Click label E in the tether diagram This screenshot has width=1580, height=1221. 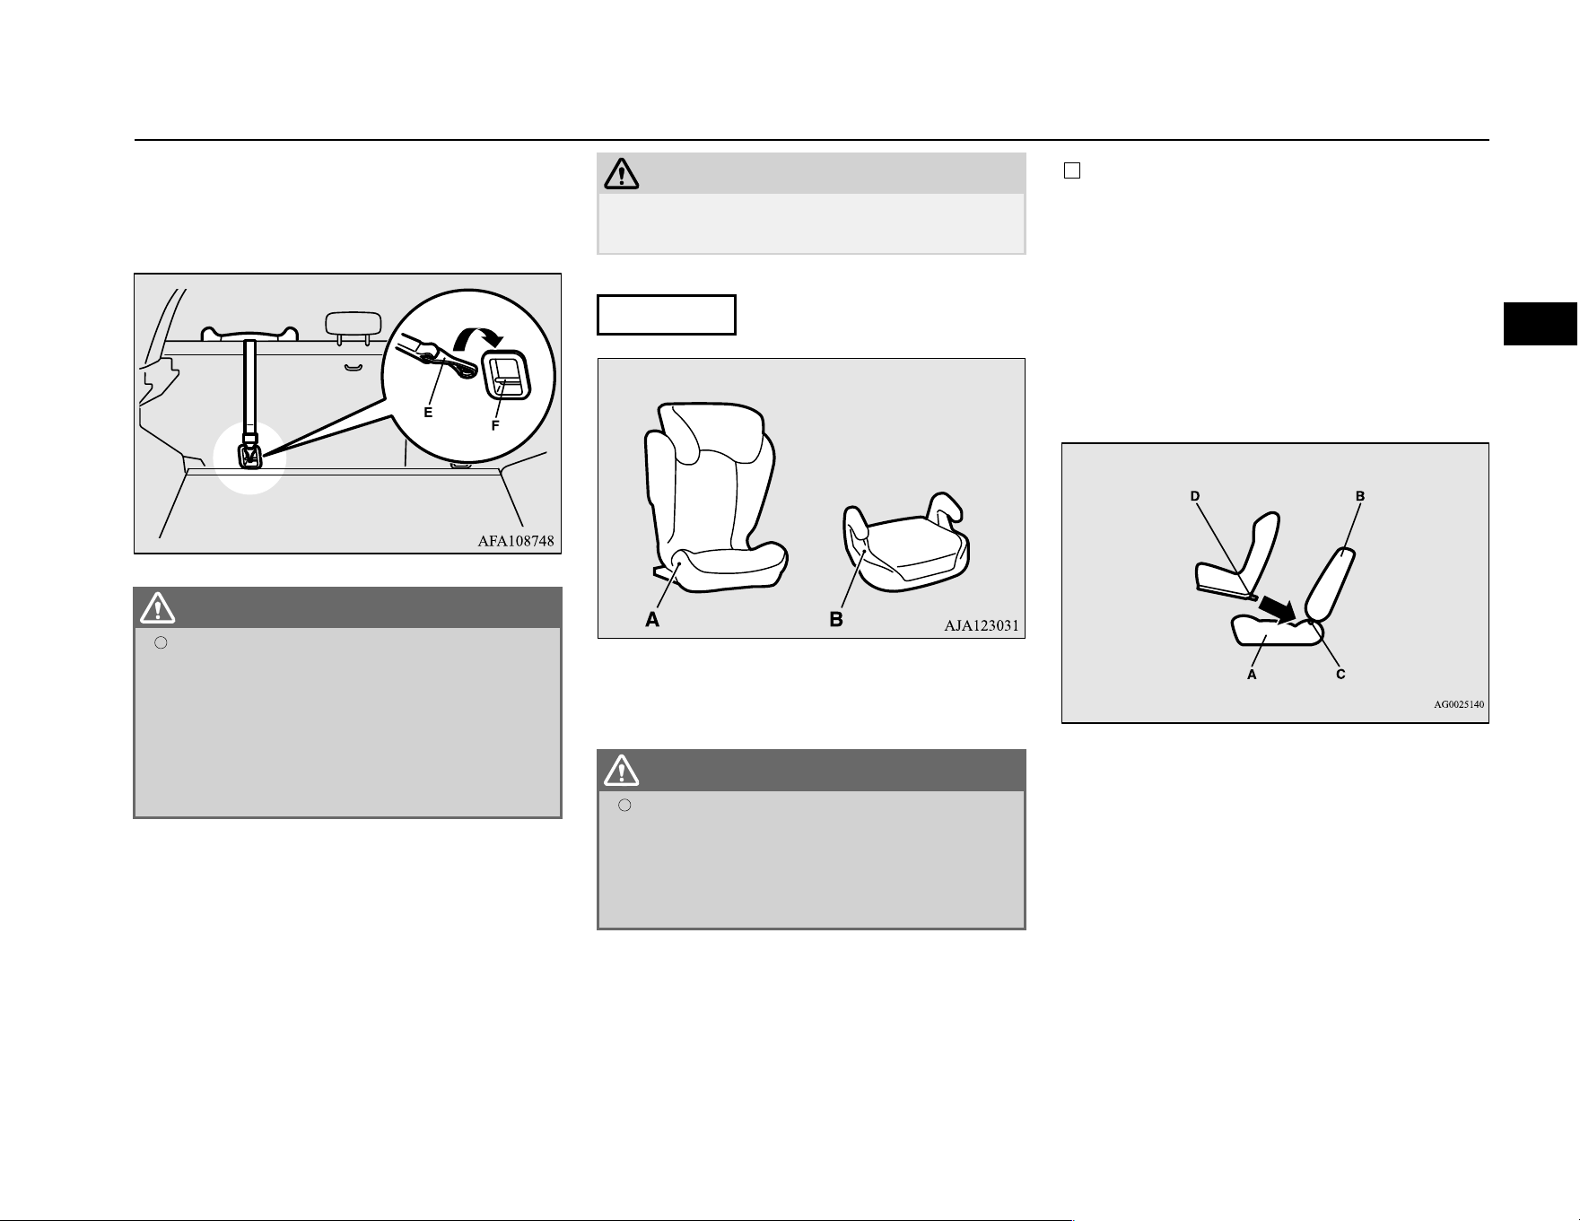pyautogui.click(x=428, y=413)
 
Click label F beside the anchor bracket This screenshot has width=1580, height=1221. pyautogui.click(x=495, y=426)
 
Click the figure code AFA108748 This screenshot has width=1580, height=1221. pyautogui.click(x=516, y=541)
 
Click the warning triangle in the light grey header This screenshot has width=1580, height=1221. pyautogui.click(x=621, y=173)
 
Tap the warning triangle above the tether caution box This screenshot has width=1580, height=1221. pyautogui.click(x=158, y=607)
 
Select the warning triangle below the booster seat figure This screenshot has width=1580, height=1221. pyautogui.click(x=622, y=770)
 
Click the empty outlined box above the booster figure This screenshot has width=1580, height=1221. pyautogui.click(x=667, y=314)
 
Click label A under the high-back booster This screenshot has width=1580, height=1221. pyautogui.click(x=652, y=619)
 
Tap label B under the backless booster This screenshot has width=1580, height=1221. pyautogui.click(x=836, y=619)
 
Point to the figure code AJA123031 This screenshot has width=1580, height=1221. pyautogui.click(x=982, y=626)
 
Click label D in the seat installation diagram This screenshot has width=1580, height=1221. pyautogui.click(x=1194, y=496)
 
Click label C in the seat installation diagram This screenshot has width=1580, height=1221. pyautogui.click(x=1340, y=674)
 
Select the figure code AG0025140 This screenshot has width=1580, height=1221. pyautogui.click(x=1459, y=704)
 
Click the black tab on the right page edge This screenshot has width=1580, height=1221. pyautogui.click(x=1541, y=324)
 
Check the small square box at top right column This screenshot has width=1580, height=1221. pyautogui.click(x=1071, y=171)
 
